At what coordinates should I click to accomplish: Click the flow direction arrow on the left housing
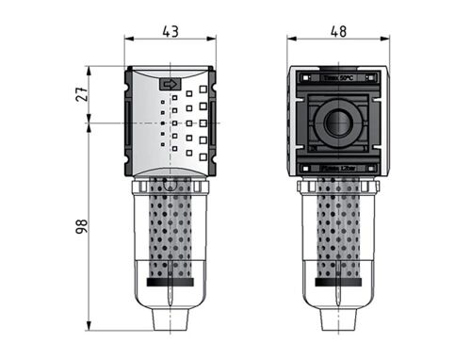(x=171, y=85)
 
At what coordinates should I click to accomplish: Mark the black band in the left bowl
(x=171, y=280)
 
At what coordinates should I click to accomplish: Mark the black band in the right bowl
(x=337, y=280)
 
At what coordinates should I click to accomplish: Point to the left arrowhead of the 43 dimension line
(x=129, y=40)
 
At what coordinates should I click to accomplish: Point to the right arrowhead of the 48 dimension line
(x=382, y=40)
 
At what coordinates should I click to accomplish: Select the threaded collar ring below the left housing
(x=171, y=188)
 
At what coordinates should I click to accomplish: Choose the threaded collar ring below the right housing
(x=337, y=188)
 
